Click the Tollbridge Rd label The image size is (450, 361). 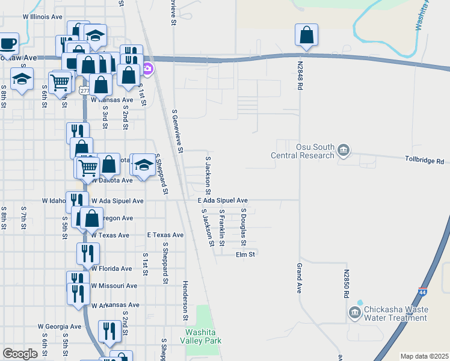tap(424, 161)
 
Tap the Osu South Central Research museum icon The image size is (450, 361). tap(343, 150)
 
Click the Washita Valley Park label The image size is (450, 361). tap(203, 336)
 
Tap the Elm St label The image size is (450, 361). tap(246, 255)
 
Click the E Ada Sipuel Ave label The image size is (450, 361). tap(223, 200)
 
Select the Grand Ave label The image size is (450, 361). tap(298, 278)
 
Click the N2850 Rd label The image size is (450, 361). tap(347, 283)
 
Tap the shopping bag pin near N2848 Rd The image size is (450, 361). tap(307, 36)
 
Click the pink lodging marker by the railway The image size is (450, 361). tap(148, 70)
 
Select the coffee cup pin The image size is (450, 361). tap(9, 43)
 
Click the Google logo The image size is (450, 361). tap(20, 354)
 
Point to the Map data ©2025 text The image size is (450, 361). tap(424, 356)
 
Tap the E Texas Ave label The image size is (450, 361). tap(165, 235)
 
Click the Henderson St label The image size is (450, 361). tap(186, 300)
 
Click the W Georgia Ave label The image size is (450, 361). tap(59, 327)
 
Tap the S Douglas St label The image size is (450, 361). tap(244, 227)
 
